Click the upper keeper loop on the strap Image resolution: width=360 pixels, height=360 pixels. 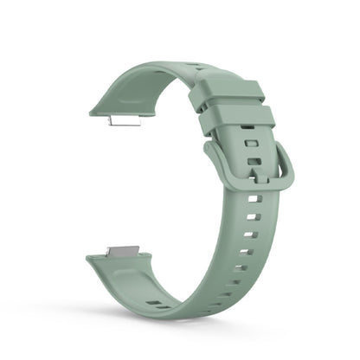click(228, 94)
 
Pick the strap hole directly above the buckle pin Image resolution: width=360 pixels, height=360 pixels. click(253, 161)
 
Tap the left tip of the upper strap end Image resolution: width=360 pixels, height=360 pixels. click(93, 111)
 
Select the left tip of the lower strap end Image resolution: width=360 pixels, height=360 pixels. click(90, 259)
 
